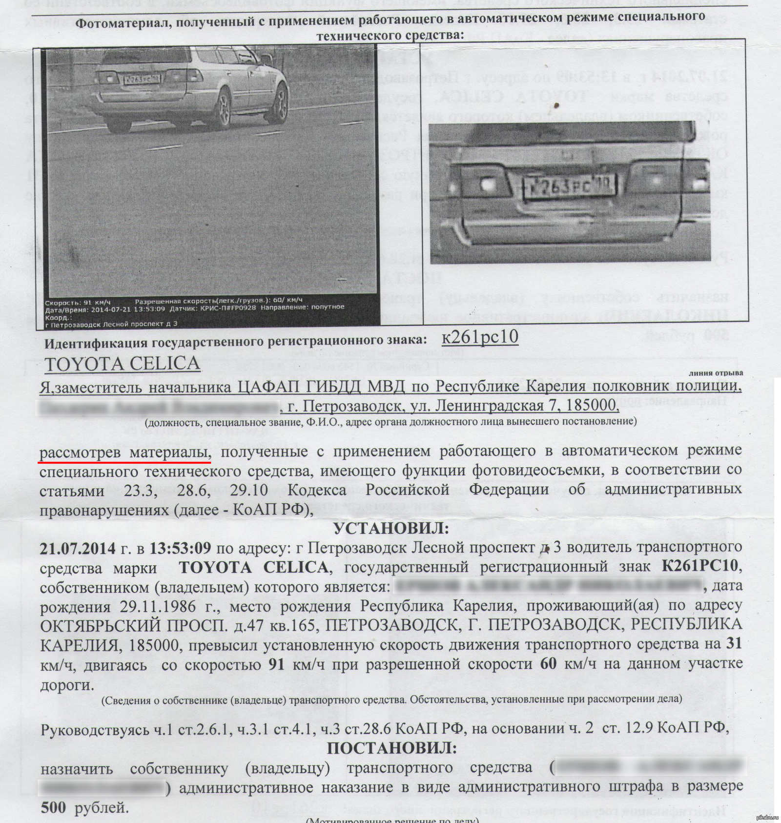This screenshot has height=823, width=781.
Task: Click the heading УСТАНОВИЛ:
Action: pyautogui.click(x=390, y=528)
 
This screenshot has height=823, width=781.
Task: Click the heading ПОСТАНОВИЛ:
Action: pyautogui.click(x=391, y=748)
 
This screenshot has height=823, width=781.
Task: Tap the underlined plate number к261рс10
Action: pyautogui.click(x=480, y=337)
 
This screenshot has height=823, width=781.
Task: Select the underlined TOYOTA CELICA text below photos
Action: pyautogui.click(x=123, y=364)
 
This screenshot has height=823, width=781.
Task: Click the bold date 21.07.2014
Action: pyautogui.click(x=78, y=548)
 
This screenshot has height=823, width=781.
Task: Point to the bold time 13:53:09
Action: pyautogui.click(x=180, y=548)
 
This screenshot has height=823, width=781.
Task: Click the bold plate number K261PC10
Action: pyautogui.click(x=701, y=567)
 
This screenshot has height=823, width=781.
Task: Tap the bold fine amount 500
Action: pyautogui.click(x=53, y=807)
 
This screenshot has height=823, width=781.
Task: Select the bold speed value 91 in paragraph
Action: pyautogui.click(x=277, y=664)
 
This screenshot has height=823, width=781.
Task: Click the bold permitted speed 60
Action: pyautogui.click(x=549, y=664)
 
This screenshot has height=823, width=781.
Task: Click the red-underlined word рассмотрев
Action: pyautogui.click(x=80, y=453)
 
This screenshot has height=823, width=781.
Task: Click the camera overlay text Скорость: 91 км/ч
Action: pyautogui.click(x=78, y=302)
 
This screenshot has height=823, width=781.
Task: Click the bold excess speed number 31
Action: pyautogui.click(x=734, y=644)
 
